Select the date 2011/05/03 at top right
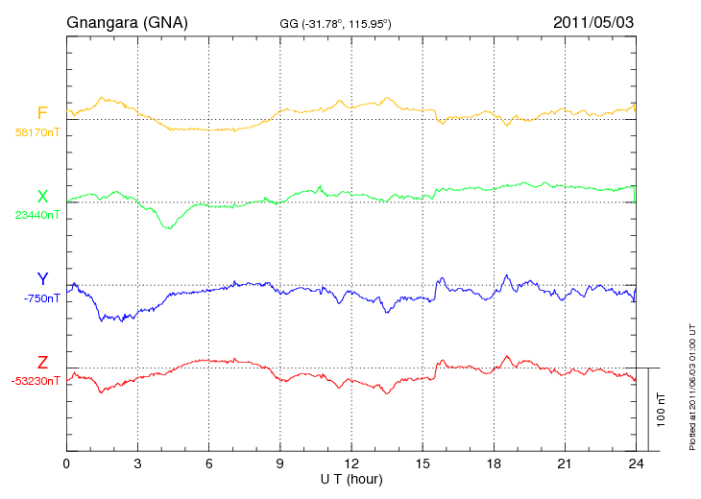click(x=593, y=21)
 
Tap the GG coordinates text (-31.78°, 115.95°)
click(x=334, y=23)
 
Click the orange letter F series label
click(x=42, y=113)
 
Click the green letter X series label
click(x=42, y=197)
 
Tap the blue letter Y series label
click(x=42, y=280)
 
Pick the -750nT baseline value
click(x=42, y=298)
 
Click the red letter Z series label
click(x=42, y=363)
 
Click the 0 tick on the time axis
click(x=66, y=463)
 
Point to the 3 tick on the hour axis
click(x=137, y=463)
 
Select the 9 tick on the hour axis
click(x=279, y=463)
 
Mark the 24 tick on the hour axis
click(x=635, y=463)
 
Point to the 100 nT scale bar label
click(x=661, y=409)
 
